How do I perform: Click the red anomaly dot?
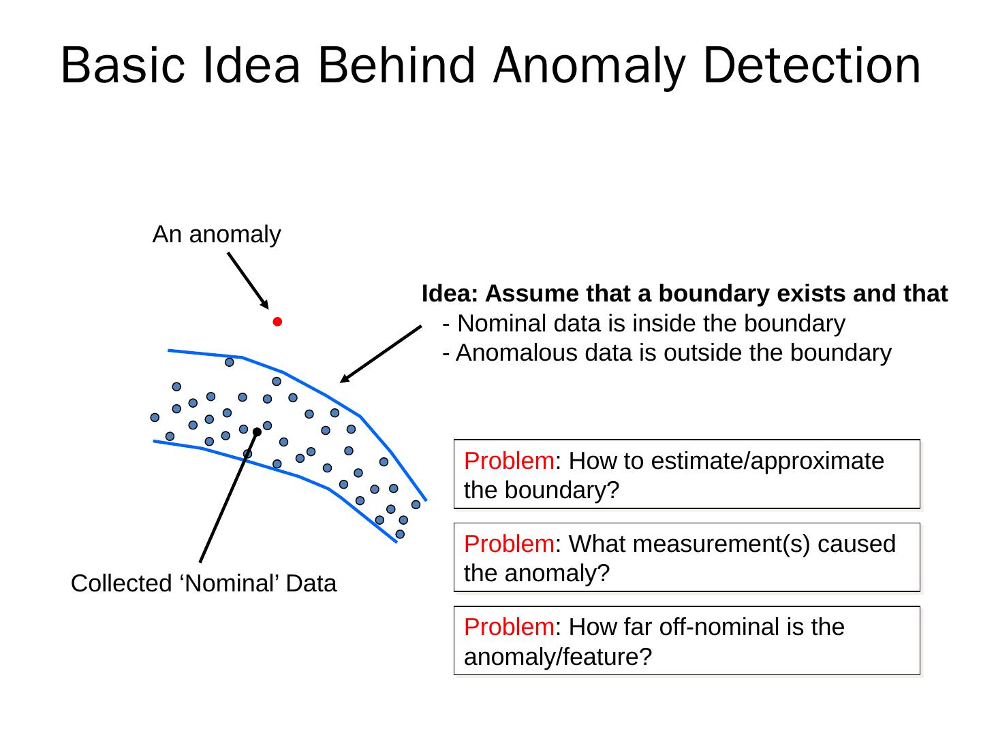click(277, 322)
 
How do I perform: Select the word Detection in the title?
click(812, 66)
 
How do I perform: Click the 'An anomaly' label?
click(217, 234)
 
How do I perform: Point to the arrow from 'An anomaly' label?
click(247, 280)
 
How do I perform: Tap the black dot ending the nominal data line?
click(257, 431)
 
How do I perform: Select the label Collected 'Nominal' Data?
click(204, 584)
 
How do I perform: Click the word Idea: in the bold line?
click(451, 294)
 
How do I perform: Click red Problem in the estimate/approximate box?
click(509, 461)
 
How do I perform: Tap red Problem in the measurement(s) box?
click(509, 544)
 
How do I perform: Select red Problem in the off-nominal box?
click(509, 627)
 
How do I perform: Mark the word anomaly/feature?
click(558, 657)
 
